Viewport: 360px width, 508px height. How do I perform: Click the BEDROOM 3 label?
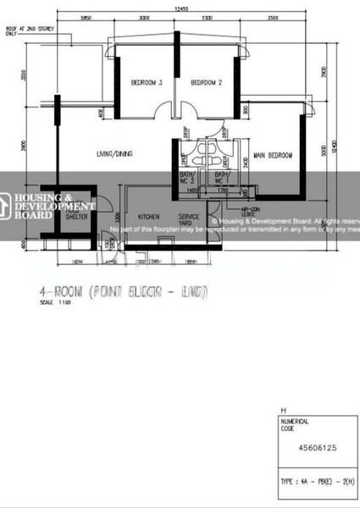[x=146, y=83]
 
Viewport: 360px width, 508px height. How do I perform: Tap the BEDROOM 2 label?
[x=206, y=83]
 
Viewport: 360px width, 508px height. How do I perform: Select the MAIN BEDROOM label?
[x=273, y=156]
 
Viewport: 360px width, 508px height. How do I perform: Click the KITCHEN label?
[x=149, y=217]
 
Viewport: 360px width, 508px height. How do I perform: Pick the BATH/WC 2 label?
[x=189, y=179]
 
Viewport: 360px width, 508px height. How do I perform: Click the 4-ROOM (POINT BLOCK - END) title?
[x=123, y=292]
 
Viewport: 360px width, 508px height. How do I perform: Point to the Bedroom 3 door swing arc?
[x=161, y=112]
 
